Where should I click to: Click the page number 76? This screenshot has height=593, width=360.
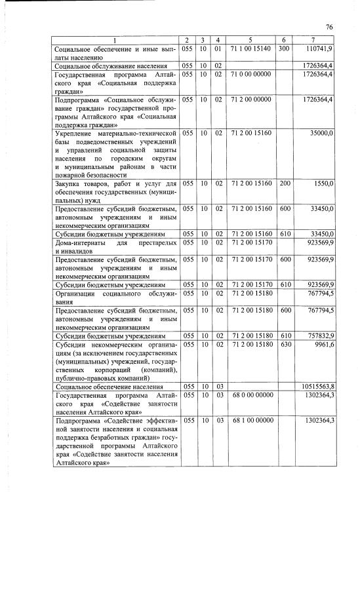pyautogui.click(x=330, y=26)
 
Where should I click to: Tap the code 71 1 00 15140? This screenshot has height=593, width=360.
pyautogui.click(x=250, y=49)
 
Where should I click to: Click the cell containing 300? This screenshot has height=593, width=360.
pyautogui.click(x=284, y=49)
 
